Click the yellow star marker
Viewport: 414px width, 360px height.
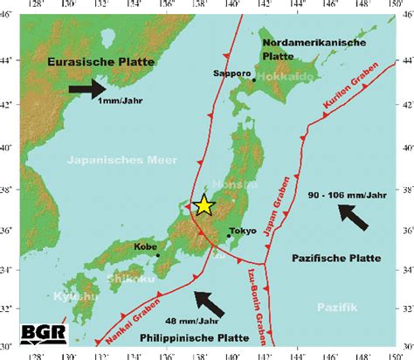[x=204, y=205]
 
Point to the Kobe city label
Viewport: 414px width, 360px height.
[x=146, y=246]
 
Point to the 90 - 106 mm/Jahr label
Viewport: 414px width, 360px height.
[x=348, y=194]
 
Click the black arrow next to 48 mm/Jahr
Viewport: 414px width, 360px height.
[x=209, y=303]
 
